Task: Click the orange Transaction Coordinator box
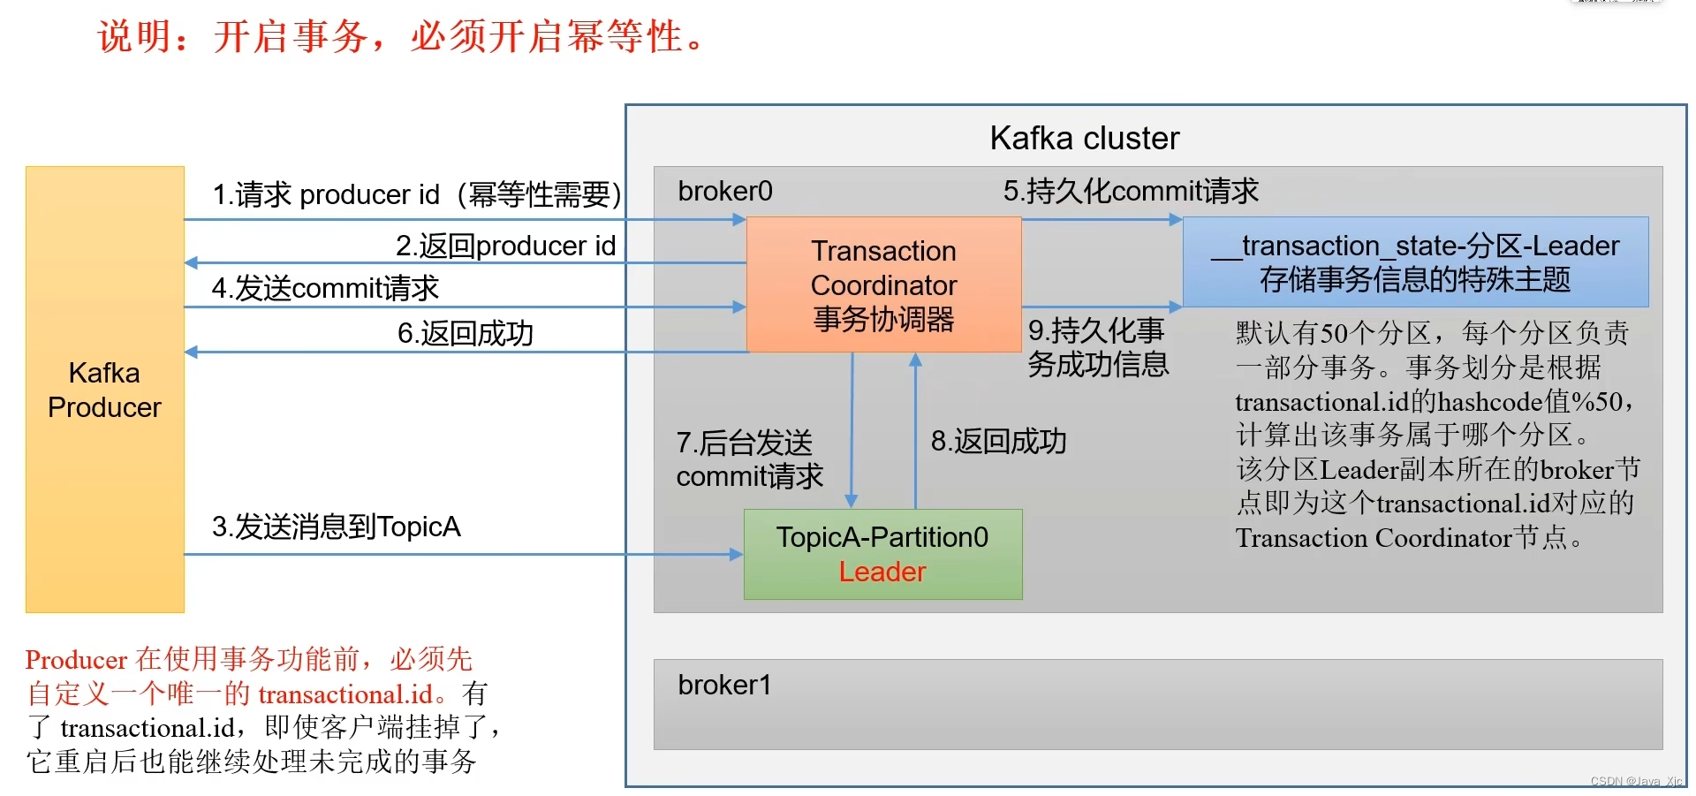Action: click(x=883, y=284)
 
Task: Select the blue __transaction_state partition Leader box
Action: click(x=1415, y=262)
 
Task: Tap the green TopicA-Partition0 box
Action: click(x=882, y=553)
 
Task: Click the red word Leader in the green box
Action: click(x=882, y=572)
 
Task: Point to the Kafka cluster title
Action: click(x=1084, y=138)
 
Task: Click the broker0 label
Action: click(x=724, y=191)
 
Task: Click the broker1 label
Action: click(x=724, y=685)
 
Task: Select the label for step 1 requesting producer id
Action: click(x=416, y=194)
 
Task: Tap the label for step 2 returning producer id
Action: click(x=505, y=246)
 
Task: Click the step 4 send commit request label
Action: click(x=325, y=288)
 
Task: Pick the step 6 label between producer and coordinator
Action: click(x=465, y=333)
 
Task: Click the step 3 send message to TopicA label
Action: click(x=336, y=527)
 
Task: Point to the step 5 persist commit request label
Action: click(x=1130, y=191)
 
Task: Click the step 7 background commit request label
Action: click(x=749, y=459)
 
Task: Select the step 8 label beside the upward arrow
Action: click(x=998, y=441)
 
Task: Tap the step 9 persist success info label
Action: click(x=1097, y=347)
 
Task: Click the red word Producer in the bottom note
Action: click(x=76, y=660)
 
